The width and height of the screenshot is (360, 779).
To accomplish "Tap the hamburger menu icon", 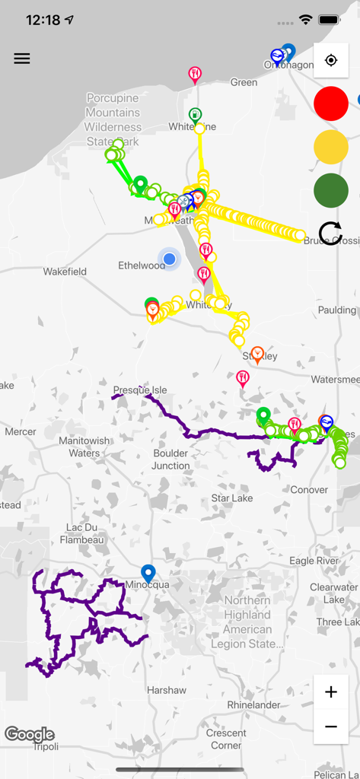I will point(22,59).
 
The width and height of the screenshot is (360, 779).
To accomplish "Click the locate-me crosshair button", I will point(331,61).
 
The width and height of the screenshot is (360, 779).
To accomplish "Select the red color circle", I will point(331,103).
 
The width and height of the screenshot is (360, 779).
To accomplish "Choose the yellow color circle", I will point(331,147).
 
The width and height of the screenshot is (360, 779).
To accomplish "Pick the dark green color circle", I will point(331,190).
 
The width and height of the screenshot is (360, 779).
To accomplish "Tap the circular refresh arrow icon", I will point(331,234).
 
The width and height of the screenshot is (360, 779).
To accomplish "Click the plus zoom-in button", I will point(331,692).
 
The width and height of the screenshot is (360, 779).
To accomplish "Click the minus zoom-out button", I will point(331,727).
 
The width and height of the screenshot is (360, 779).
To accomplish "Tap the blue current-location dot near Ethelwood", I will point(170,259).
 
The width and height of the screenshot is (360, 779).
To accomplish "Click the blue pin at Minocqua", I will point(148,574).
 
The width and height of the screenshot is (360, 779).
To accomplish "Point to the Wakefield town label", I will point(65,272).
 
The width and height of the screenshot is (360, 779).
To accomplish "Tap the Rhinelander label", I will point(253,705).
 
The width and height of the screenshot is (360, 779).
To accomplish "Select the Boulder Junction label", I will point(170,459).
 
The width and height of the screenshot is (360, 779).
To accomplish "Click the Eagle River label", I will point(314,561).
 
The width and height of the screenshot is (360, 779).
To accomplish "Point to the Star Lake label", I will point(232,498).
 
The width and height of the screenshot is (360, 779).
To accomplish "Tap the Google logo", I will point(30,734).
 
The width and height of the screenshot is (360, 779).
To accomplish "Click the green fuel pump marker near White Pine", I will point(195,115).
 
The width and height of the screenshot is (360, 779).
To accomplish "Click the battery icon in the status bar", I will point(330,20).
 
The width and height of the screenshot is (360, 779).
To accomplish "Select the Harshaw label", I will point(167,690).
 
